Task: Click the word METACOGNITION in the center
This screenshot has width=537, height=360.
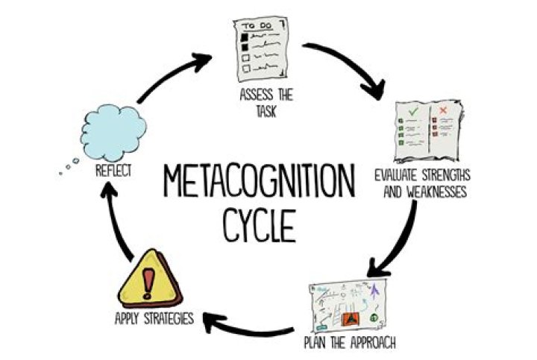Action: pos(259,180)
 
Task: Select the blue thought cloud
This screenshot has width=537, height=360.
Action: pos(113,133)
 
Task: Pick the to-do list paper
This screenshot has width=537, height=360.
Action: pos(261,49)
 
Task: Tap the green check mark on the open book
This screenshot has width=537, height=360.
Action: pos(413,111)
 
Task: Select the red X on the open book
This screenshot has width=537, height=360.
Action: pos(444,110)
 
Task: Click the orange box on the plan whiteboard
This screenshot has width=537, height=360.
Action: pos(351,319)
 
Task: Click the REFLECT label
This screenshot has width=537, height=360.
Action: pos(113,171)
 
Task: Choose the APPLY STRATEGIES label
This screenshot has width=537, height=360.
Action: pos(154,318)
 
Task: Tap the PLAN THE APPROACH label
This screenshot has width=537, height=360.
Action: pos(350,342)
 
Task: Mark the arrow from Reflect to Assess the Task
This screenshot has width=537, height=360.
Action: pos(168,74)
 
